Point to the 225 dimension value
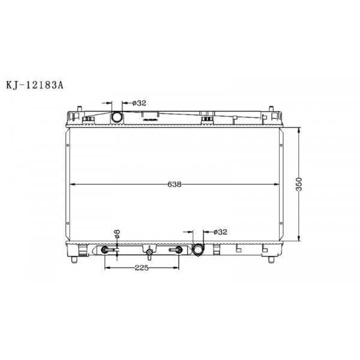[x=141, y=268]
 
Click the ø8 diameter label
[x=118, y=234]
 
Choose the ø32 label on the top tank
[x=139, y=103]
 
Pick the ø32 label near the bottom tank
[x=220, y=232]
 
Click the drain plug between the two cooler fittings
[x=148, y=250]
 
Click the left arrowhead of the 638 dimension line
[x=72, y=184]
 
